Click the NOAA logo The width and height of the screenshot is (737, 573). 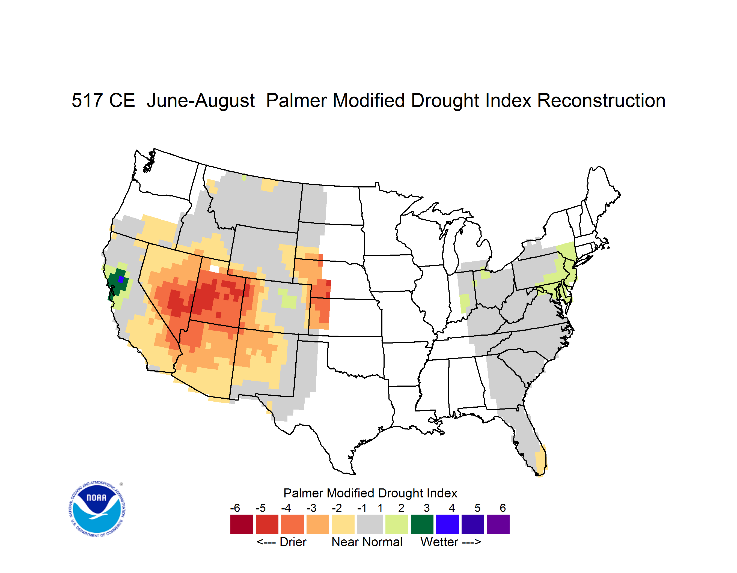97,509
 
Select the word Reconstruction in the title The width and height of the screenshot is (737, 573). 601,100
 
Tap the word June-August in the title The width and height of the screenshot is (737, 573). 201,100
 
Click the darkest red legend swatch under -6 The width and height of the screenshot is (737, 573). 242,524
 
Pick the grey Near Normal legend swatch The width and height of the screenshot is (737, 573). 370,524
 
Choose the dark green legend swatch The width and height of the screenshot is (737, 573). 422,524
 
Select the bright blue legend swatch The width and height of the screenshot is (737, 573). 447,524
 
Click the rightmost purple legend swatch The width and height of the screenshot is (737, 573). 498,524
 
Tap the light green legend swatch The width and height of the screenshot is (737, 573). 397,524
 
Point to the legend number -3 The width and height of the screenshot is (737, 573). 311,508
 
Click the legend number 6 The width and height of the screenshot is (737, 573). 503,508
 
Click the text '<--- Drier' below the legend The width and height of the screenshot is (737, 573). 281,542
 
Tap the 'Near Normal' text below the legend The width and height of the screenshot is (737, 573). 367,542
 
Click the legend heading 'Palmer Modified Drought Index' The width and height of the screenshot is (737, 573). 370,493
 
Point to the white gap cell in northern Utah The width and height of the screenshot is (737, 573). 214,268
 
